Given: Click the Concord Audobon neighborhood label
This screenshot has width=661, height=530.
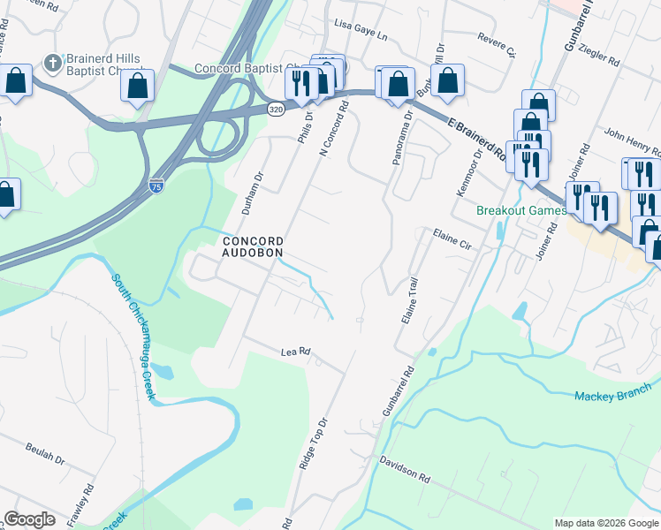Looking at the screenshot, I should click(253, 246).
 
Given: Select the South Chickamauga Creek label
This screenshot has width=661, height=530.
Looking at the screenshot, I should click(133, 337).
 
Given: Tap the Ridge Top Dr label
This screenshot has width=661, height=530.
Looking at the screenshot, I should click(313, 444).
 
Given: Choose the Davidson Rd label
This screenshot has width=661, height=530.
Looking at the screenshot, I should click(405, 468).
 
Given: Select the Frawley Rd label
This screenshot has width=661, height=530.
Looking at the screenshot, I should click(87, 501).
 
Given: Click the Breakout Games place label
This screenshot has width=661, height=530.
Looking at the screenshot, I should click(521, 211).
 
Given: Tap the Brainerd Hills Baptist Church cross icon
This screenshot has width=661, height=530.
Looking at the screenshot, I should click(52, 64).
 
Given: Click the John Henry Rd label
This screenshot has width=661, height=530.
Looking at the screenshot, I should click(628, 140).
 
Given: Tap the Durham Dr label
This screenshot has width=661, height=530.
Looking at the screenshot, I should click(259, 188).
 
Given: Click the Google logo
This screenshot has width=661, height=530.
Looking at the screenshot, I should click(29, 519).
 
